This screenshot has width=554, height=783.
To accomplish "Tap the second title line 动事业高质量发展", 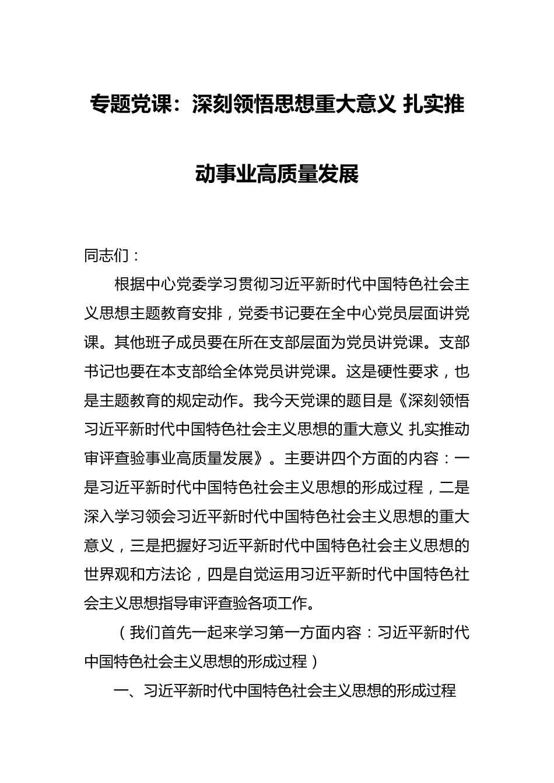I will (x=276, y=174).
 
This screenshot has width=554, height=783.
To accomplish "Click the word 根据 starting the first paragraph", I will (x=129, y=285).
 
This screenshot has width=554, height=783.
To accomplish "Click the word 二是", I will (x=454, y=488).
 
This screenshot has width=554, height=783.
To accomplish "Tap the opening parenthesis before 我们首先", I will (x=122, y=633).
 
